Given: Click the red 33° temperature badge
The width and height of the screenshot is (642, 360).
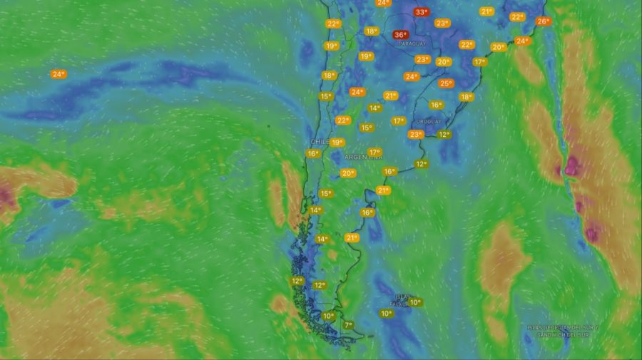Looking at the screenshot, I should pos(421,12).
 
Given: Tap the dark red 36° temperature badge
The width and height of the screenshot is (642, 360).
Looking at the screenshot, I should pos(400,34).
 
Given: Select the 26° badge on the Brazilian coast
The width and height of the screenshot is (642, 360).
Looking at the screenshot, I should pos(543,21).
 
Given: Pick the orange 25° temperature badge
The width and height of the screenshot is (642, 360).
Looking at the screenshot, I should pos(446,83).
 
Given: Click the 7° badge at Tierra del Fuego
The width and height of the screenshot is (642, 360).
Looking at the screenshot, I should pos(348,325).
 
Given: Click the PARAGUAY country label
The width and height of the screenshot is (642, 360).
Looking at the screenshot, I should pos(412,44).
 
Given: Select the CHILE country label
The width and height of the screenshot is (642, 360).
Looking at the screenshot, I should pos(319,142).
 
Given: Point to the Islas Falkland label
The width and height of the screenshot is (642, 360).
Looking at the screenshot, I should pos(402,299).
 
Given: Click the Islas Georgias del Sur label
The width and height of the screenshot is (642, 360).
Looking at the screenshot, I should pos(563,331).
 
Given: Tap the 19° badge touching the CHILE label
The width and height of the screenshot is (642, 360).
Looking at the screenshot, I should pos(337,142).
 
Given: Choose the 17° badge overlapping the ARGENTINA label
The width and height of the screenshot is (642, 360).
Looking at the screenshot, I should pos(374,152).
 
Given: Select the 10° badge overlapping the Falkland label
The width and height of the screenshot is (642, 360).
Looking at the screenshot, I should pos(415,302).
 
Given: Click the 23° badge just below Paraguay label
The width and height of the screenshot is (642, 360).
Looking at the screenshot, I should pos(422,59).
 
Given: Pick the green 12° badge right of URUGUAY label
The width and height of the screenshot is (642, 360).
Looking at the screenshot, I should pos(444,134).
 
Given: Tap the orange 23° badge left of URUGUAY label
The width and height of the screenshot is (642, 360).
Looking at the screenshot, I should pos(416,134).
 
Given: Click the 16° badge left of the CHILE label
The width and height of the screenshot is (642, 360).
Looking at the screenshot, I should pos(312,153).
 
